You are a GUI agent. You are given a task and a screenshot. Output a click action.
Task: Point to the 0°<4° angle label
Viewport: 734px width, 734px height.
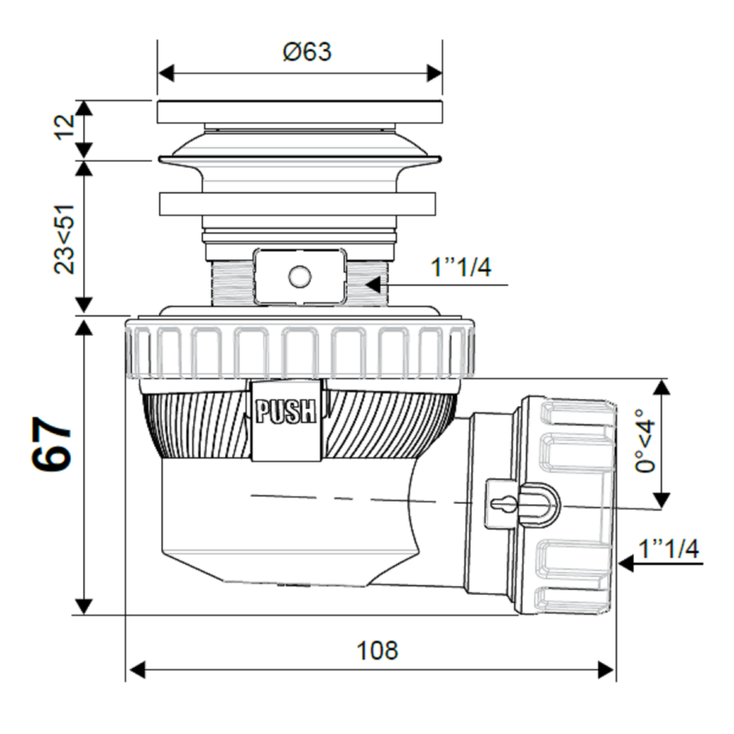point(645,442)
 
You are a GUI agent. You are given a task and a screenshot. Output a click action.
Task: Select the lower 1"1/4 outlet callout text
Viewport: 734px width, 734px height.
point(668,549)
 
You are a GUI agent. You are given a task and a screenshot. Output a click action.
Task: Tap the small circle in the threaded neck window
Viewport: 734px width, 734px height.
point(300,277)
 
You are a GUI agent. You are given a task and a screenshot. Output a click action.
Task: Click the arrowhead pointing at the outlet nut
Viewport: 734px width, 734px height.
point(626,562)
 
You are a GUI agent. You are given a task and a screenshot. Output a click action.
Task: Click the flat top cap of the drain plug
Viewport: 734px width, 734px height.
point(299,112)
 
